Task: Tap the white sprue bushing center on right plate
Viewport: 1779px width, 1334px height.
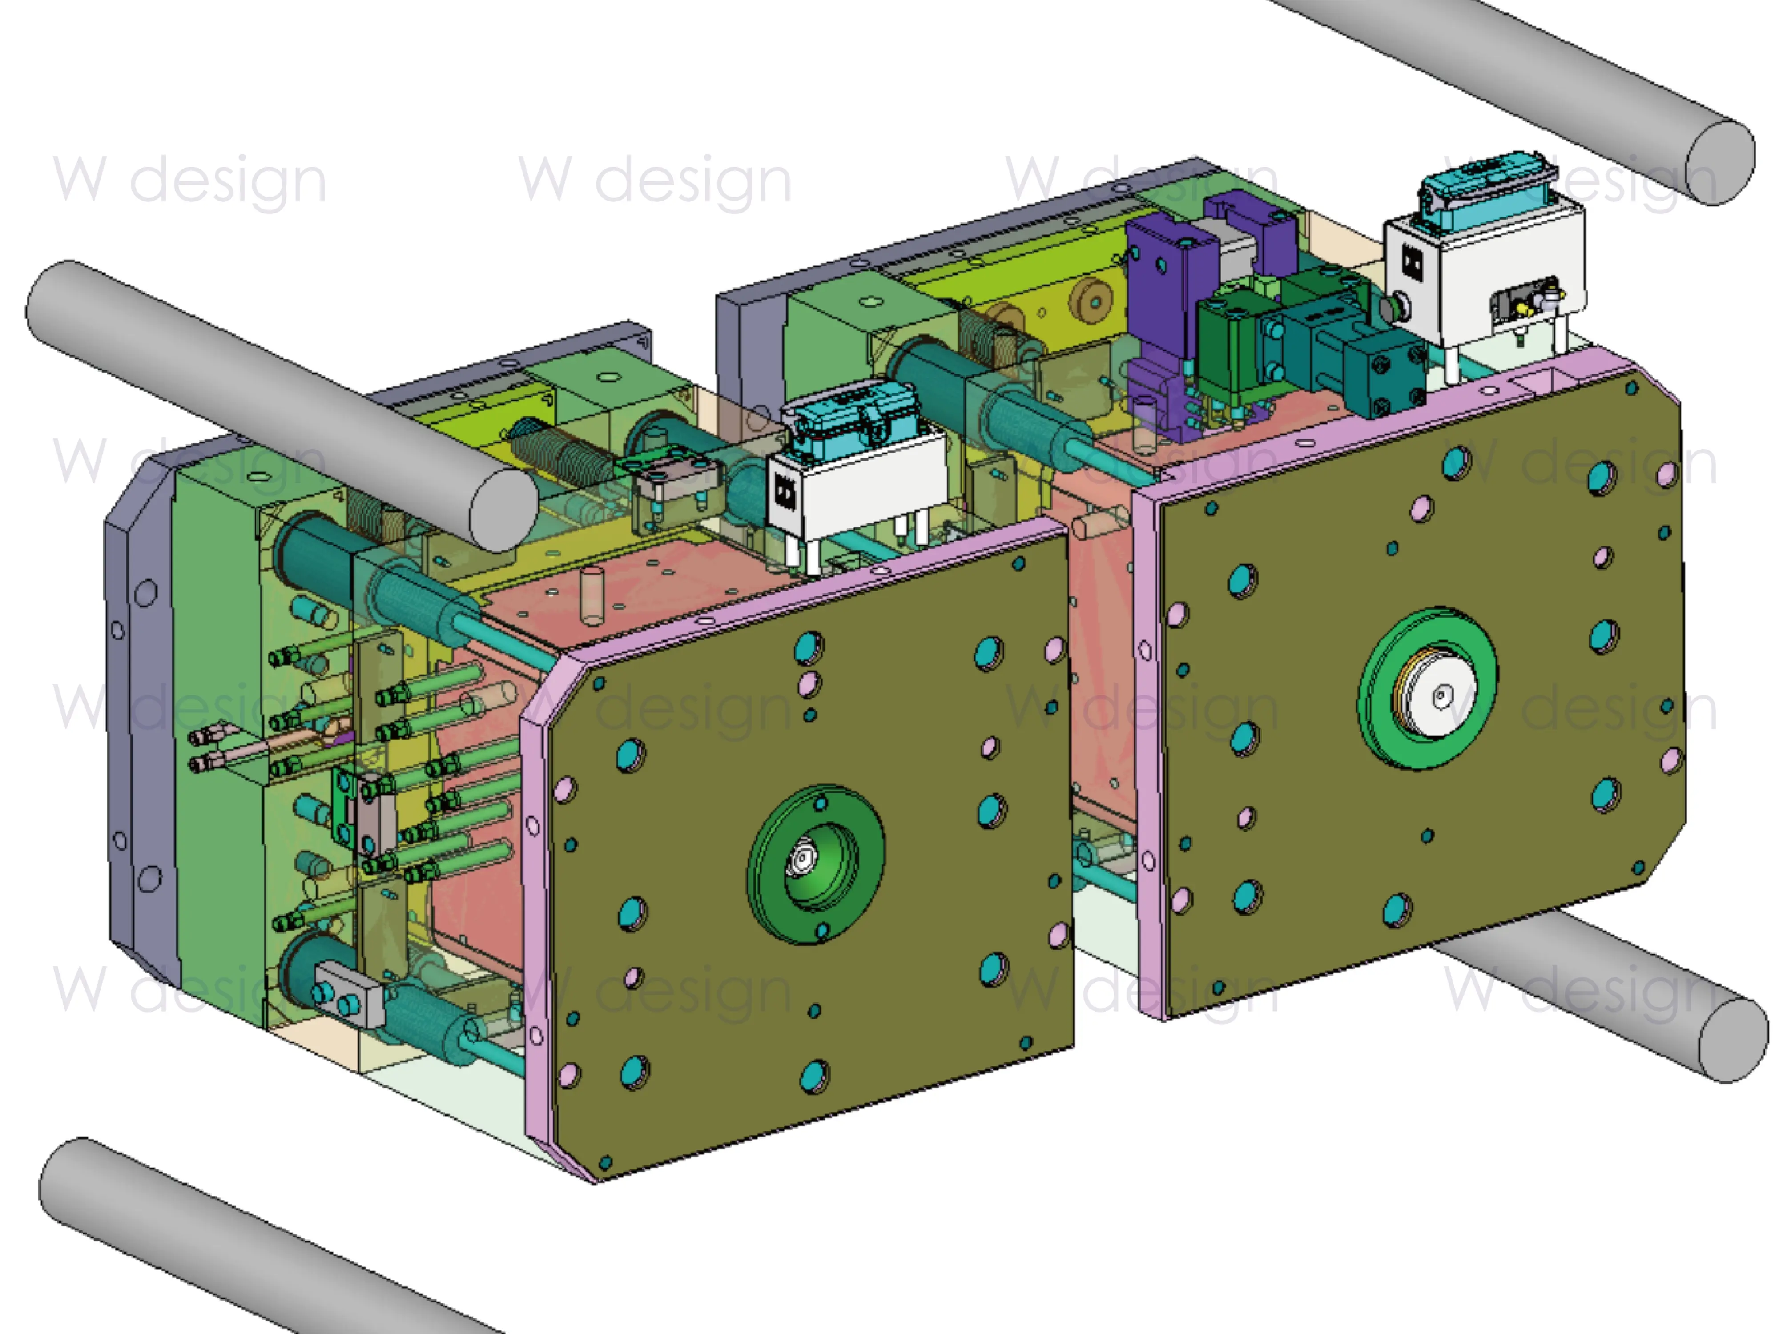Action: [x=1437, y=693]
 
